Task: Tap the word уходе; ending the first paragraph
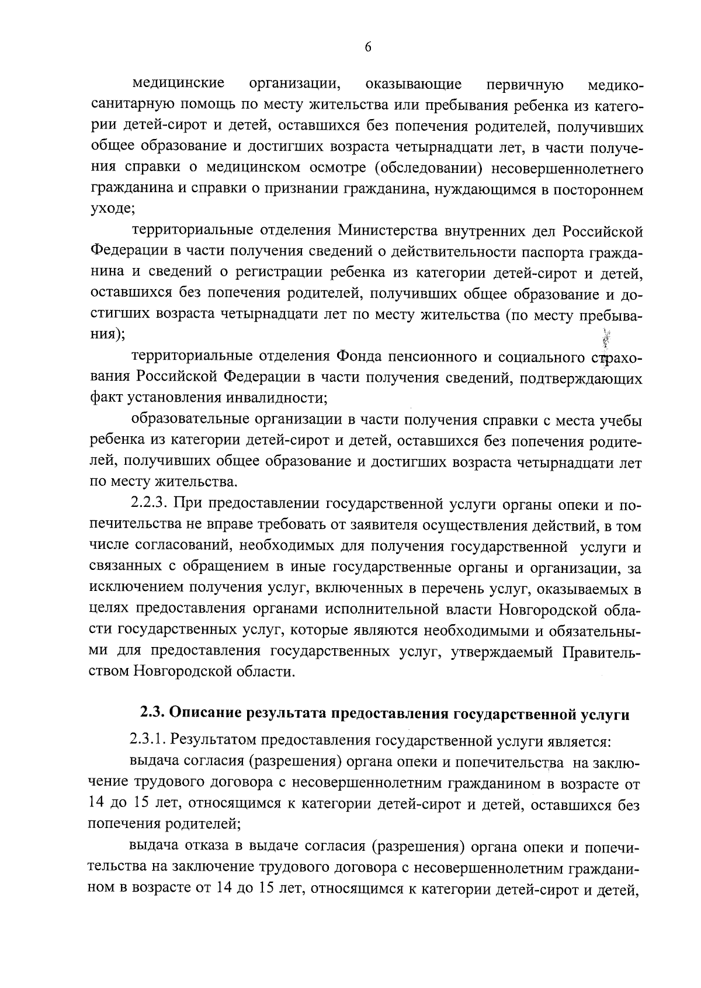(112, 208)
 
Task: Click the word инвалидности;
(268, 398)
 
